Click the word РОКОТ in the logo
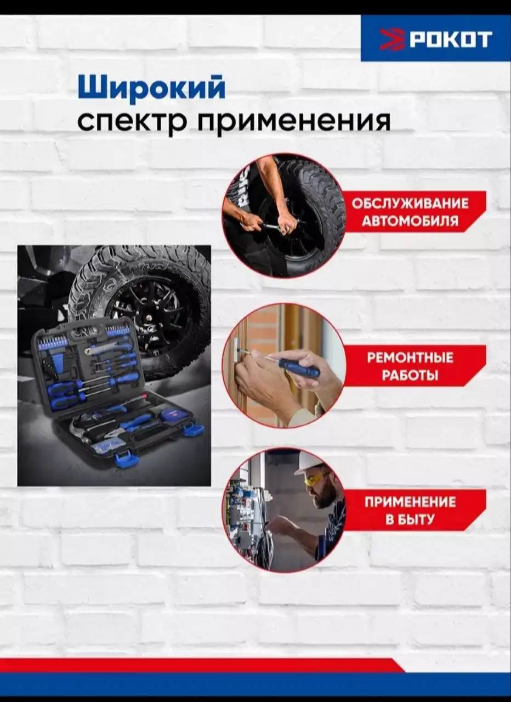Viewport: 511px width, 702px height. coord(452,39)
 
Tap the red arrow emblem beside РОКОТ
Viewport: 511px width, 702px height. coord(392,39)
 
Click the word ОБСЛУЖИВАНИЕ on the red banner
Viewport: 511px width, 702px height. coord(410,203)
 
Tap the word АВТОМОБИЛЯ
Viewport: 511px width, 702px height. coord(410,222)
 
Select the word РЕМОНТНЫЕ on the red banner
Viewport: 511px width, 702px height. coord(410,358)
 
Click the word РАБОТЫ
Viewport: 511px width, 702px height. coord(410,376)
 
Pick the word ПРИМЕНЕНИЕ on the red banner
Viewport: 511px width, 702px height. coord(410,502)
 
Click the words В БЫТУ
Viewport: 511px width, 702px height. coord(410,520)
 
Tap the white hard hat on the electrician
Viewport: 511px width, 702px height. coord(308,462)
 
